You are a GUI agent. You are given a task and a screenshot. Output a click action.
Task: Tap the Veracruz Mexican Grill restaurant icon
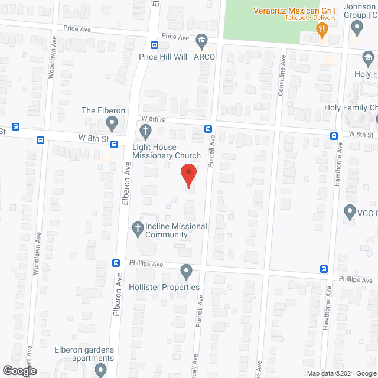[322, 30]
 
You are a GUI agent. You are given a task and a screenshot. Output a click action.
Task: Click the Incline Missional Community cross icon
[137, 227]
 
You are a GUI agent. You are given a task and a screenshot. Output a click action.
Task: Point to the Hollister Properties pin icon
[187, 272]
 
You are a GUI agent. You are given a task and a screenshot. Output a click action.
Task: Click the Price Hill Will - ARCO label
[177, 57]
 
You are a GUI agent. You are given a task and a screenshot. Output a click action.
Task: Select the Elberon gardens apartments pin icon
[99, 370]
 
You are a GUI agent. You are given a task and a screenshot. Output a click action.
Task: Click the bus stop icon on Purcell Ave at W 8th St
[208, 129]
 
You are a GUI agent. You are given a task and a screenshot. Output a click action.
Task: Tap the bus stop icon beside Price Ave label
[155, 45]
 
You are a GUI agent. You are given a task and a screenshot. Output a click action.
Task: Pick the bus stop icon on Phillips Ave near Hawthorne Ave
[324, 269]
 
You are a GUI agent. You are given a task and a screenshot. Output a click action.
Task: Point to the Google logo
[19, 370]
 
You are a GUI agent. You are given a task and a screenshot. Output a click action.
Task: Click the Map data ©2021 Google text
[341, 373]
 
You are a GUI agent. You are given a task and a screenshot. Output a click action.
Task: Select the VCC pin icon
[348, 211]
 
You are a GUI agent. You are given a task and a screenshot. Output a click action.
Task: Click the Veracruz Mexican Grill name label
[295, 11]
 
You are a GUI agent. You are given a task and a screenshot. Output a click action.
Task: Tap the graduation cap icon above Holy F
[368, 58]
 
